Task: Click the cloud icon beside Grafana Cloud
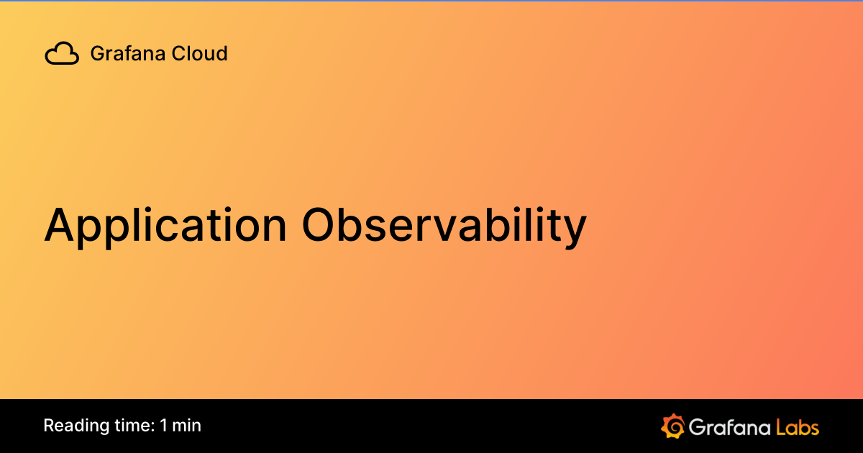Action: [x=62, y=54]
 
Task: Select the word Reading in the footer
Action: [x=73, y=426]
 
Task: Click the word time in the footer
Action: [x=131, y=426]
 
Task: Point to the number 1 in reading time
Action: [x=164, y=426]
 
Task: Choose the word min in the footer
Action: [x=187, y=426]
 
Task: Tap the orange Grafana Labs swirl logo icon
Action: [x=672, y=426]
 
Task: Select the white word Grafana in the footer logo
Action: [x=729, y=426]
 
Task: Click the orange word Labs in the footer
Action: [x=798, y=426]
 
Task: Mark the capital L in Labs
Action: [x=781, y=426]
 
